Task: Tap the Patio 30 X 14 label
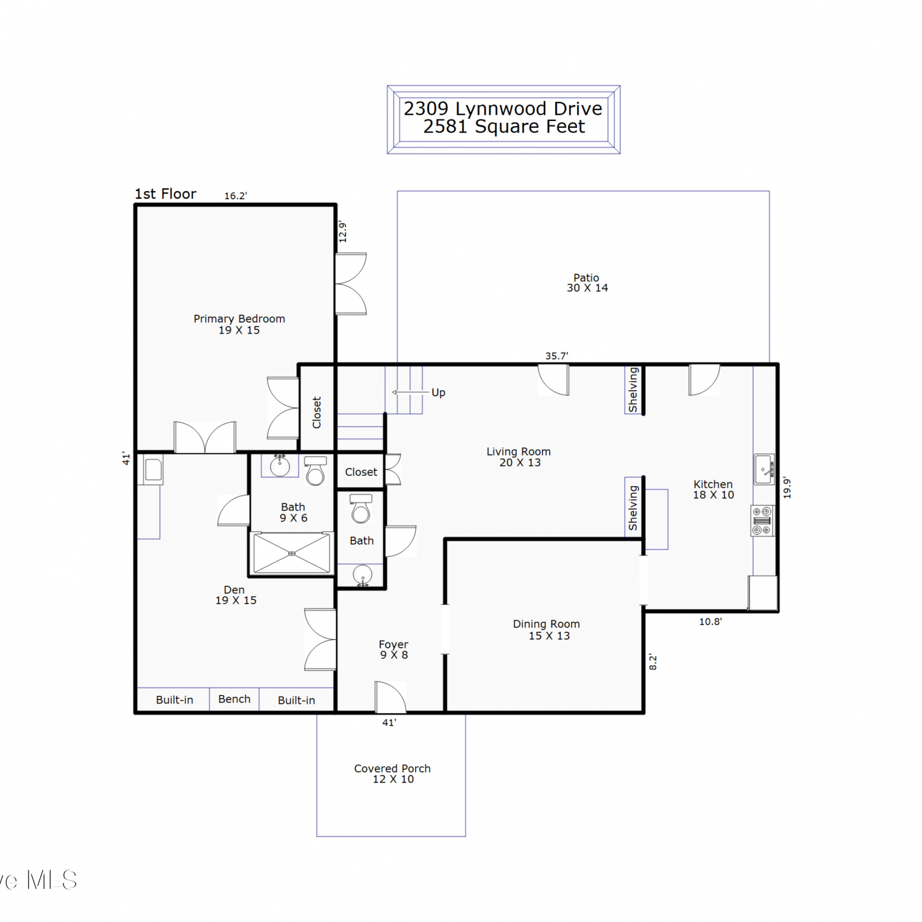point(587,283)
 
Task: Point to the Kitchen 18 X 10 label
point(713,489)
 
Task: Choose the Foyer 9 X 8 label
point(393,649)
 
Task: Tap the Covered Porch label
point(392,768)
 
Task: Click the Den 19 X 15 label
point(235,595)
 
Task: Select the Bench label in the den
point(234,699)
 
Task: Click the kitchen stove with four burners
point(762,521)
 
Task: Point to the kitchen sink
point(764,470)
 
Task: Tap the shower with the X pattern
point(292,553)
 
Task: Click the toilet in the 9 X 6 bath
point(315,471)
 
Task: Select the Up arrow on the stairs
point(411,392)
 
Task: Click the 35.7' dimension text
point(556,356)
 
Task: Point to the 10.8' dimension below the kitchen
point(710,621)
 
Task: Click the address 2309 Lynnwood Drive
point(503,108)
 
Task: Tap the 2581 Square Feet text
point(504,127)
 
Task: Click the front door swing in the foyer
point(391,697)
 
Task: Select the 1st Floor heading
point(165,194)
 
